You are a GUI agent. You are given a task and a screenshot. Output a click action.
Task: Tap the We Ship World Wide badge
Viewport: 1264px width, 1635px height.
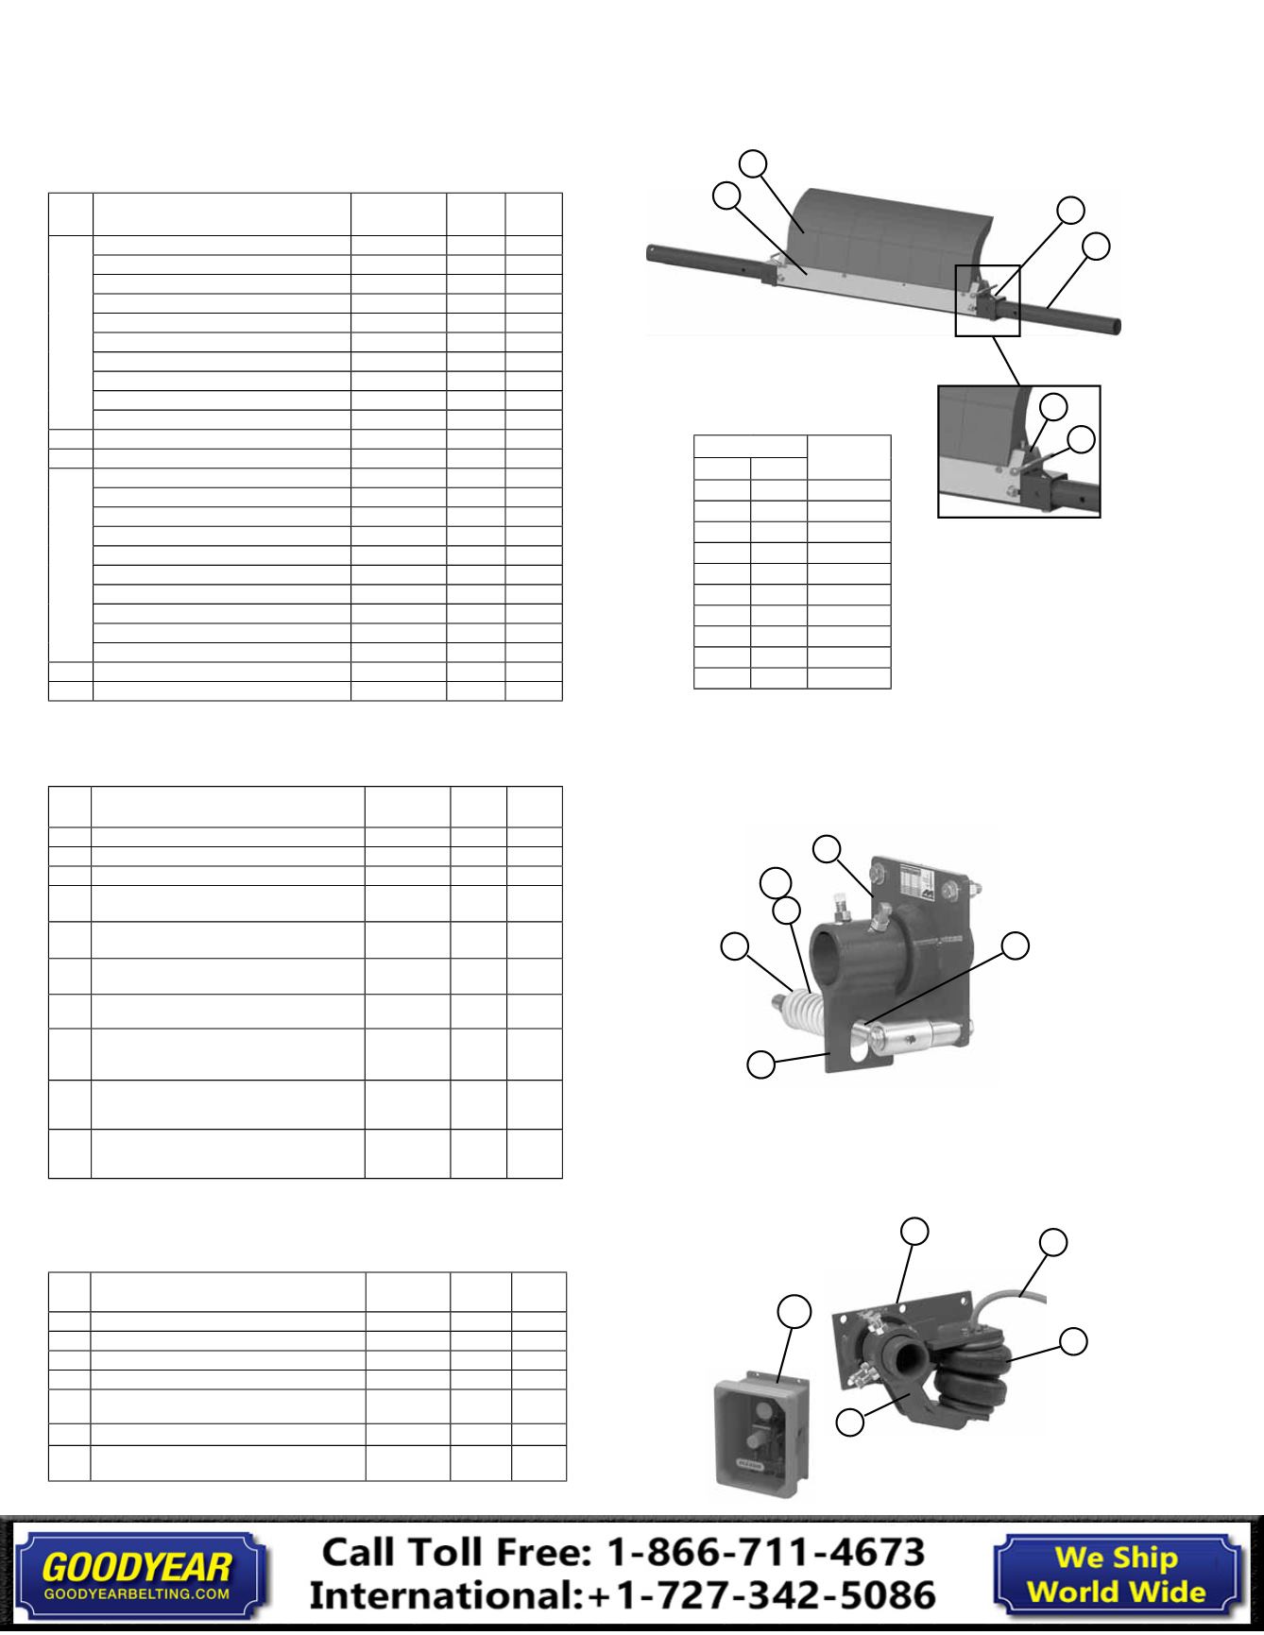click(x=1116, y=1575)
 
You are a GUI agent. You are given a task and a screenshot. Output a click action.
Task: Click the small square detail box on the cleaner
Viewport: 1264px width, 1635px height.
click(x=987, y=300)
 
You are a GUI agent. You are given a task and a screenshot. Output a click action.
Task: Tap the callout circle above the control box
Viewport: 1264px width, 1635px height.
click(x=794, y=1311)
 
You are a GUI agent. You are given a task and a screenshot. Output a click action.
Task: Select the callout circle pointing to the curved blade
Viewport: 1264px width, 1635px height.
click(x=753, y=162)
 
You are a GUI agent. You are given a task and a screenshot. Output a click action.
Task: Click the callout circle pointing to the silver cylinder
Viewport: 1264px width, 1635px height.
click(x=1016, y=945)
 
